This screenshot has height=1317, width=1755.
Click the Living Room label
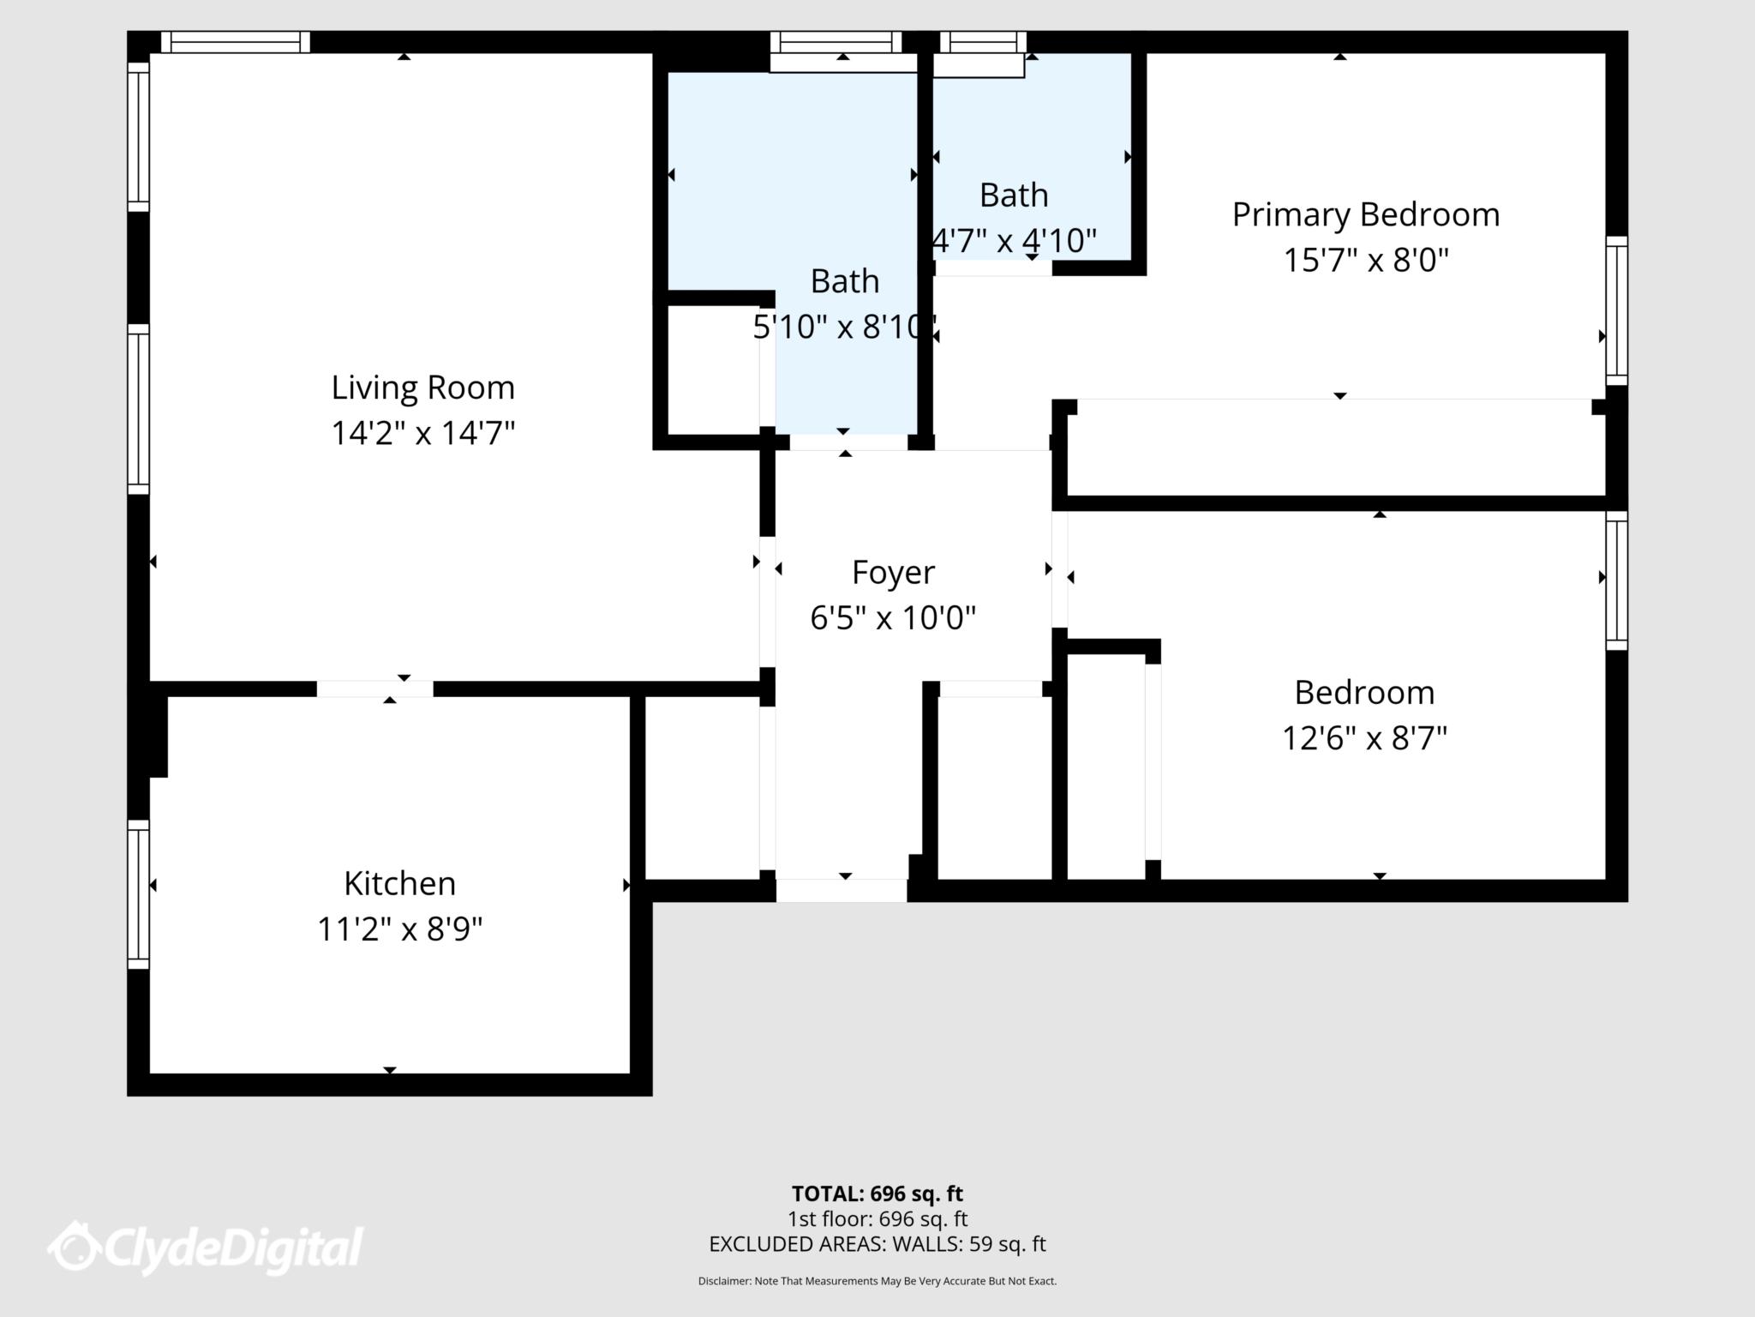click(x=422, y=388)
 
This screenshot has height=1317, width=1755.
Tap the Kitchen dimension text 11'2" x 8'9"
click(x=400, y=929)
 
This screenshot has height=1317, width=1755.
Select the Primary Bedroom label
click(x=1365, y=214)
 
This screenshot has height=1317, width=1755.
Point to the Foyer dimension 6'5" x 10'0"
click(x=893, y=617)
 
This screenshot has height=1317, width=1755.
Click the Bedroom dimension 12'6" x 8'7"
click(x=1364, y=737)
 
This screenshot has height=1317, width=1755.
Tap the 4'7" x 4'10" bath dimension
click(x=1015, y=241)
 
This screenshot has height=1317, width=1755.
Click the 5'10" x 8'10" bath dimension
click(x=843, y=327)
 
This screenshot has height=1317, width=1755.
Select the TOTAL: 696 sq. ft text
click(x=877, y=1194)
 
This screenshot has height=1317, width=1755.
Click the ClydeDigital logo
click(x=206, y=1248)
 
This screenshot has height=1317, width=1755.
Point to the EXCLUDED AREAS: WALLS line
click(x=877, y=1244)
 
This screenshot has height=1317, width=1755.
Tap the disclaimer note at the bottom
click(x=877, y=1281)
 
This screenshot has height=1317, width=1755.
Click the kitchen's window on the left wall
click(x=138, y=894)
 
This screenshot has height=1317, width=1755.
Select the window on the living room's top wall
click(x=235, y=42)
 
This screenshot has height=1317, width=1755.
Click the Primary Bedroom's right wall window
click(x=1616, y=310)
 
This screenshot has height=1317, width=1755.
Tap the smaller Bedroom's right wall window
click(x=1616, y=580)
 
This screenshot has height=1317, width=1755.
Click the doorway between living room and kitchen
click(x=375, y=689)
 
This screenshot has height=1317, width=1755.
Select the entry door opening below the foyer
click(x=842, y=891)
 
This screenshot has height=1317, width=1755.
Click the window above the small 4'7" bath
click(x=983, y=42)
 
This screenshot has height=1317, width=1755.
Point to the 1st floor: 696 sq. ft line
click(x=877, y=1218)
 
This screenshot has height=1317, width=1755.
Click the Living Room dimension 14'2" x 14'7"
click(x=422, y=433)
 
